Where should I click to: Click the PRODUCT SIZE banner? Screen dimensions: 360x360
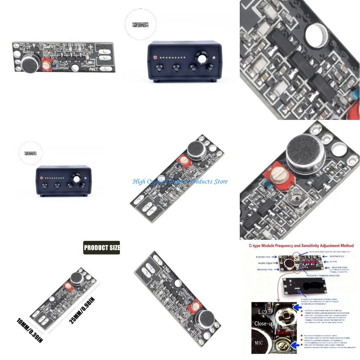[x=102, y=248]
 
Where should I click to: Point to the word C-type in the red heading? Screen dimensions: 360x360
[x=257, y=246]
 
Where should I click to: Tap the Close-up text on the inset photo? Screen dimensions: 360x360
[x=264, y=323]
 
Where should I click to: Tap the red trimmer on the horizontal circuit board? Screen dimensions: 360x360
[x=46, y=64]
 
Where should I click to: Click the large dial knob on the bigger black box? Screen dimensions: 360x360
[x=202, y=57]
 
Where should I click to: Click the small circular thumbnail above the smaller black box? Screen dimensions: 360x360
[x=30, y=153]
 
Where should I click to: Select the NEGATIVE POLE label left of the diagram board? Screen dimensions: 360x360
[x=265, y=269]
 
